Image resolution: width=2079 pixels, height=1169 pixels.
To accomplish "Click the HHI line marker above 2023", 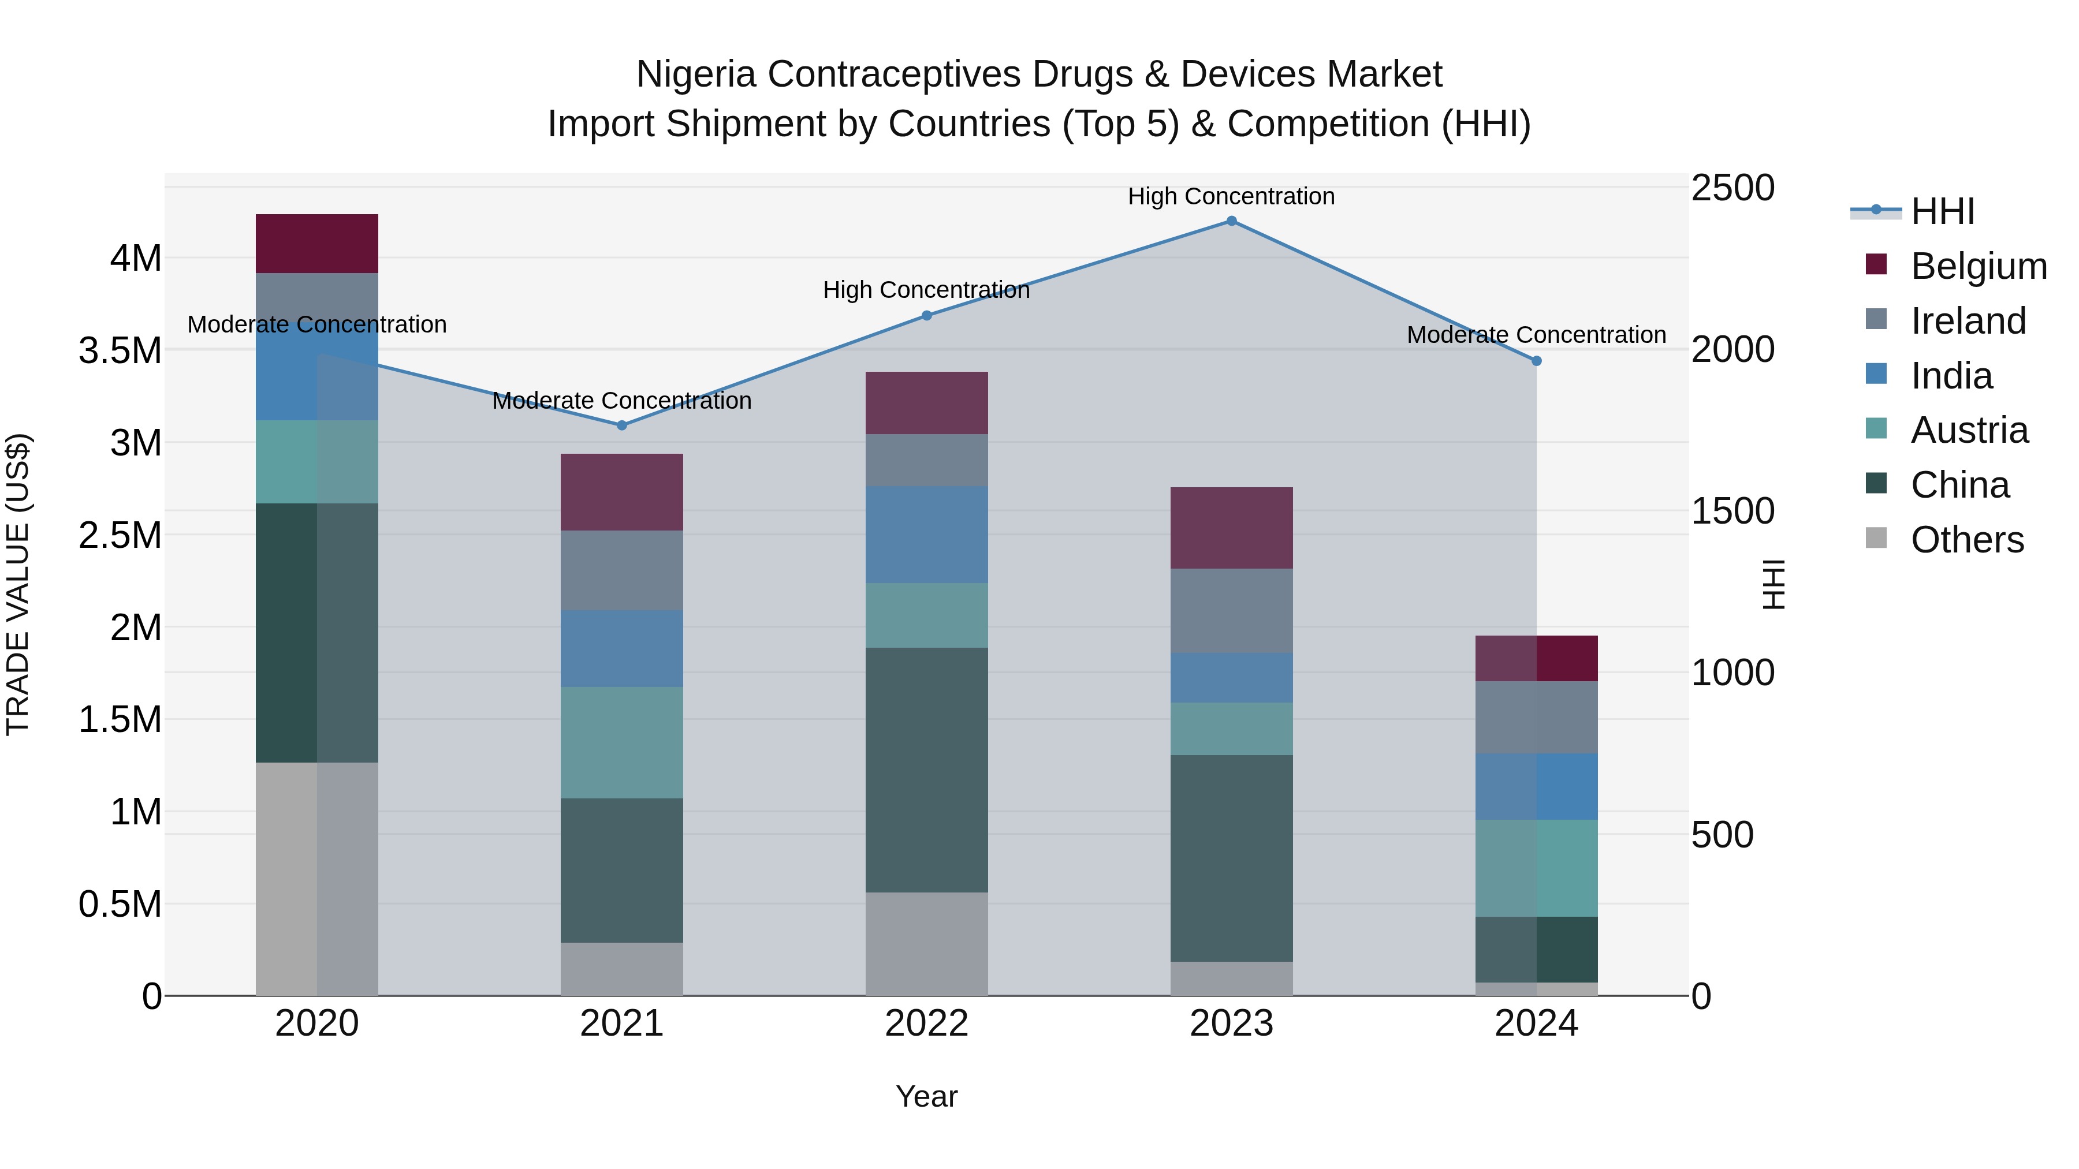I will coord(1232,221).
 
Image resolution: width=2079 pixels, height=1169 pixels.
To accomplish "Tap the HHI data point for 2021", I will coord(621,425).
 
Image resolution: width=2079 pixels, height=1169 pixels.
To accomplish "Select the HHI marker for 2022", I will coord(926,315).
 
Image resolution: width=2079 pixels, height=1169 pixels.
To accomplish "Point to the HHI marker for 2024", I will coord(1537,361).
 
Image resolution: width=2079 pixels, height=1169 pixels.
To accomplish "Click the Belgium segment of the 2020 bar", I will coord(316,244).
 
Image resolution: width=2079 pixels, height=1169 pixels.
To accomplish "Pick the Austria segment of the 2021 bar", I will coord(621,742).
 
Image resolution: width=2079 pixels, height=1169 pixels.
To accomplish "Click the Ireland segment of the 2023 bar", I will coord(1232,611).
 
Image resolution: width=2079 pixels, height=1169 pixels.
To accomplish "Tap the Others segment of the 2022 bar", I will coord(926,943).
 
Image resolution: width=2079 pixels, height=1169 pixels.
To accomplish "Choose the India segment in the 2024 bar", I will coord(1537,787).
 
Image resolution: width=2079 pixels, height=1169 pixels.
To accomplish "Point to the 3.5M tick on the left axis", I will coord(120,351).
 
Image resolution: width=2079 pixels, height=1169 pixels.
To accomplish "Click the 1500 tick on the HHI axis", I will coord(1732,511).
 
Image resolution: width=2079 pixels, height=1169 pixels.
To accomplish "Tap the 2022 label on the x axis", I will coord(926,1024).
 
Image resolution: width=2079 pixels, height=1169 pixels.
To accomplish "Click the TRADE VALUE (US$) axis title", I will coord(18,584).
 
